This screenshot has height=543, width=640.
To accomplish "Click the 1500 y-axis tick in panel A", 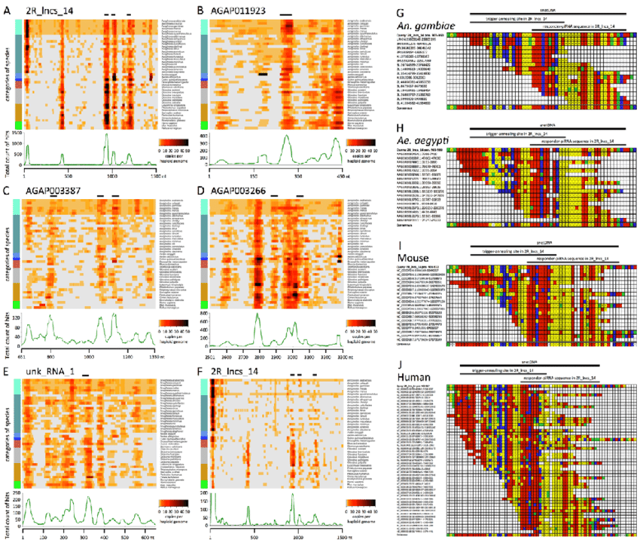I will [x=15, y=133].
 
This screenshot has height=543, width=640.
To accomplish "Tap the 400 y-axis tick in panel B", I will [x=201, y=134].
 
